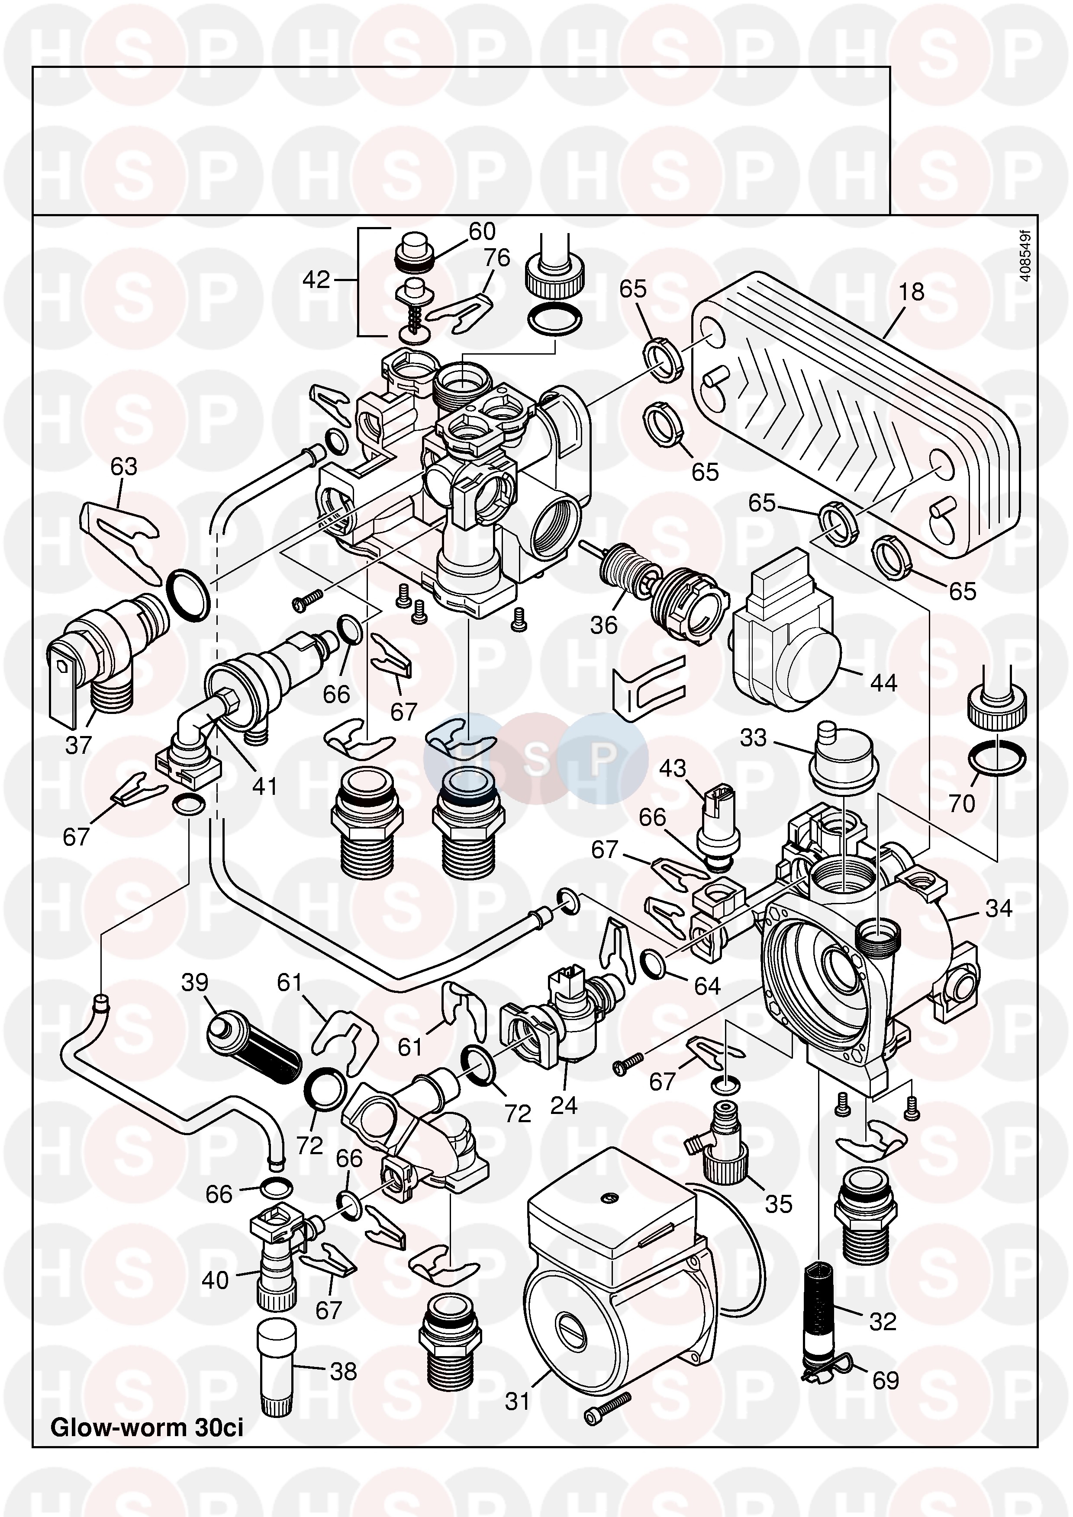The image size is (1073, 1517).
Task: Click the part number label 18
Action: [x=912, y=291]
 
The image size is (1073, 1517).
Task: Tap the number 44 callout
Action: [x=883, y=682]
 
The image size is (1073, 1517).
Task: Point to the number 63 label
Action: [x=124, y=467]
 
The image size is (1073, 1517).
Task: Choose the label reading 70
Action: [x=961, y=803]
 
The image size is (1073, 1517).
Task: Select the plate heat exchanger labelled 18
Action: [x=853, y=416]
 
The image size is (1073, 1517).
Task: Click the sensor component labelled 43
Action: [x=717, y=826]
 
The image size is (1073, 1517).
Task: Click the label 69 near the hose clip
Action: [x=886, y=1380]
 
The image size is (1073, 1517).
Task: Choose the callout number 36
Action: [x=604, y=625]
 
